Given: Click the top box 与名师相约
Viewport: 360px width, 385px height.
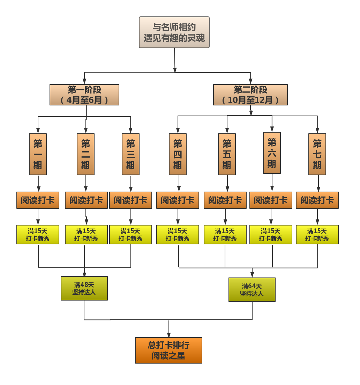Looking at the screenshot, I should [x=174, y=32].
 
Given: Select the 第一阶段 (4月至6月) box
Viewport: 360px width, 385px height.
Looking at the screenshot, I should [x=84, y=95].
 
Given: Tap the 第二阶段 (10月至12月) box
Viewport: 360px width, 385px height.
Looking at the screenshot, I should [x=250, y=95].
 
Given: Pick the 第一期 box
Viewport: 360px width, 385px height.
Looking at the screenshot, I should [x=38, y=154].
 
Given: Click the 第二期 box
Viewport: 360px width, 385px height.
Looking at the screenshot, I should [x=85, y=154].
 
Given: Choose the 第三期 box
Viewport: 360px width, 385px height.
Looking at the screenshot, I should [x=130, y=154].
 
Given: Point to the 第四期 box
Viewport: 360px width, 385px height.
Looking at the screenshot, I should [x=178, y=154].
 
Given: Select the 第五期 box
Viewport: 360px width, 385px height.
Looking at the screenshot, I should [x=227, y=154].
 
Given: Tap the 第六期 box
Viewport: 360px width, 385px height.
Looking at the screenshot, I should [x=272, y=153].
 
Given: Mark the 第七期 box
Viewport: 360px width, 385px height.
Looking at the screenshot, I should [x=317, y=154].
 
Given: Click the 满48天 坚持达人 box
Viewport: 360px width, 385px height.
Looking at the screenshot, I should [x=84, y=288].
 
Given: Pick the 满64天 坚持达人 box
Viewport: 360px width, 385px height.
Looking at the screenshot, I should [x=252, y=290].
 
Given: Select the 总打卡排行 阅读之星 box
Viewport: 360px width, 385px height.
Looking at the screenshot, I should [x=168, y=350].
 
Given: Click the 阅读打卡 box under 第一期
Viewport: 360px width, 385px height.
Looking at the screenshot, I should [x=38, y=200].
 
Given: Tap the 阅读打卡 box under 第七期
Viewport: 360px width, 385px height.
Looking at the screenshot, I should [x=317, y=200].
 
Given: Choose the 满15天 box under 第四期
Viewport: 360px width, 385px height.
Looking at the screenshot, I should [x=178, y=235].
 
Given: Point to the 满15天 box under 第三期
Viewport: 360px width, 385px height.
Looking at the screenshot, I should [x=130, y=235].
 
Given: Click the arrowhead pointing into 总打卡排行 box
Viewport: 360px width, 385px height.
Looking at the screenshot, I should [x=169, y=335].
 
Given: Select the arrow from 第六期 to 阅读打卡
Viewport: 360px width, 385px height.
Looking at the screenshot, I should [x=272, y=182].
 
